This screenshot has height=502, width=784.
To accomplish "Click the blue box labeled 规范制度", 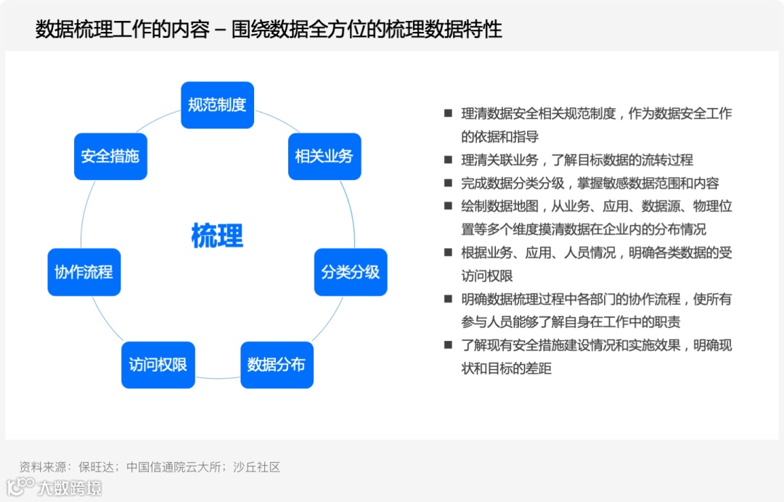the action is [x=217, y=105].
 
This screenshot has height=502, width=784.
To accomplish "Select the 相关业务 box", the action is [x=324, y=157].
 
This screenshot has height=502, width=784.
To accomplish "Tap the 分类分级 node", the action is [x=351, y=272].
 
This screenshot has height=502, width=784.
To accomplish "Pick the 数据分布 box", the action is [x=277, y=365].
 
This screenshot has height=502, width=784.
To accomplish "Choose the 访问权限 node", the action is [x=158, y=365].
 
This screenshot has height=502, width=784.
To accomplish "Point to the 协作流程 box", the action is [x=83, y=272].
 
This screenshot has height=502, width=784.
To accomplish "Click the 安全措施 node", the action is [x=110, y=157].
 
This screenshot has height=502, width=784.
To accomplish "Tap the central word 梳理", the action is [x=217, y=236].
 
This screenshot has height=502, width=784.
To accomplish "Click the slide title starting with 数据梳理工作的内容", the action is [x=269, y=30].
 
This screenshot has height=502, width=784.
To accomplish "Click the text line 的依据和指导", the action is [x=499, y=136].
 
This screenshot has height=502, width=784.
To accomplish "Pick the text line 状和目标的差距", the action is [x=506, y=369].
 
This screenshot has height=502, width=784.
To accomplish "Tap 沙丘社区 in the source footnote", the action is [x=256, y=467].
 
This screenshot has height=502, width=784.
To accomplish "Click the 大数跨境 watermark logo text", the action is [x=70, y=487].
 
